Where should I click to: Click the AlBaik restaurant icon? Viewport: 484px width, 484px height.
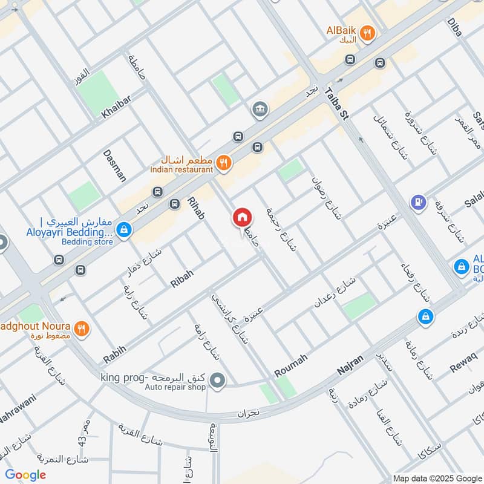point(366,32)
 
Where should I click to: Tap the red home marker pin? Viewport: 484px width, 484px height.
point(242,217)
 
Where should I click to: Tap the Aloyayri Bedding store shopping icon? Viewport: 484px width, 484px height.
point(124,229)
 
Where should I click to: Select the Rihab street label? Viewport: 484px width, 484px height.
point(196,208)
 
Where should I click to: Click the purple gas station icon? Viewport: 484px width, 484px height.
point(417,201)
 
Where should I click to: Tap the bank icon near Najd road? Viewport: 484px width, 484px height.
point(260,109)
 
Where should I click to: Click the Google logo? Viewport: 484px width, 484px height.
point(25,475)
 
